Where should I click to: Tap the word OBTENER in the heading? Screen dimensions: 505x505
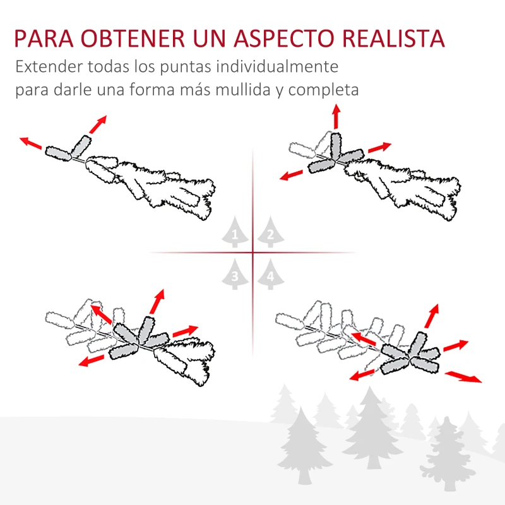point(140,39)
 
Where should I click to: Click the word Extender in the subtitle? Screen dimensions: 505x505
point(48,67)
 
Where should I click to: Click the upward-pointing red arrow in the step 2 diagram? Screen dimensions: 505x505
point(336,117)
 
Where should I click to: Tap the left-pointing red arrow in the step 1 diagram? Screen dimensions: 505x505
point(31,142)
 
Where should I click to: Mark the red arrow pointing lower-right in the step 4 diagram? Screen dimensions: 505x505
point(463,377)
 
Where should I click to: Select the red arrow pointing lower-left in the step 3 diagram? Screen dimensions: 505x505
point(92,360)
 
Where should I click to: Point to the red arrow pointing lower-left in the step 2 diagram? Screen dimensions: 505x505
point(295,175)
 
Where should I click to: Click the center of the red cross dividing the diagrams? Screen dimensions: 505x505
point(252,253)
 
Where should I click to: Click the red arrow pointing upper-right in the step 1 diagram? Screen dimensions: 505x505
point(97,124)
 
